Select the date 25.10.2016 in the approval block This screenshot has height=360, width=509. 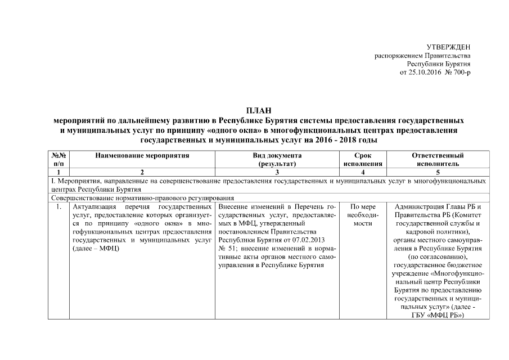[429, 73]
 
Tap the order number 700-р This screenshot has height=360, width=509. [462, 73]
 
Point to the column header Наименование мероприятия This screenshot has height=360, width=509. [142, 155]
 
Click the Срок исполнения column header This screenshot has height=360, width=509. [363, 159]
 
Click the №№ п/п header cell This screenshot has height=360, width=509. [59, 159]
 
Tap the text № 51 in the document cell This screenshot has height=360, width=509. [227, 247]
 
